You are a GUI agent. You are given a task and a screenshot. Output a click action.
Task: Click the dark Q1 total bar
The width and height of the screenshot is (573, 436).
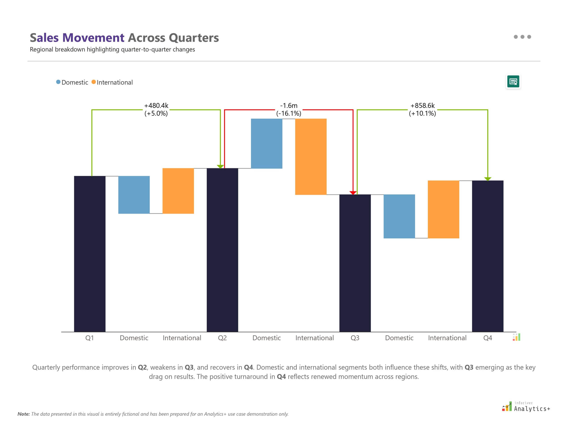(x=90, y=254)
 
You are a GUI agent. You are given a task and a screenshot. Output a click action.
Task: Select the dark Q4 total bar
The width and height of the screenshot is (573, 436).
(x=487, y=256)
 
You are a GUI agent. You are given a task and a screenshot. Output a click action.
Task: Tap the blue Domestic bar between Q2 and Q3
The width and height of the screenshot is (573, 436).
(x=266, y=143)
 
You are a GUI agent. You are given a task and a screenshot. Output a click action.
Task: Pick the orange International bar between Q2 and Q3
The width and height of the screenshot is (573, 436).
(x=311, y=156)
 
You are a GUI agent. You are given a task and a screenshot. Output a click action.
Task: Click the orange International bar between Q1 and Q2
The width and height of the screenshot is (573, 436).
(x=178, y=191)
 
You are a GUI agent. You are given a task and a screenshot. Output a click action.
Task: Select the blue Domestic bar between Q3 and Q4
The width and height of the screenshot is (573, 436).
(x=399, y=216)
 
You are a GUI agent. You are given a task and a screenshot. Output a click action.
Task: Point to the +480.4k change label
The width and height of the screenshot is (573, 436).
(x=156, y=106)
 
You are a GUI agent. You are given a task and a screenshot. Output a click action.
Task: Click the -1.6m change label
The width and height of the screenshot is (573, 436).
(x=289, y=106)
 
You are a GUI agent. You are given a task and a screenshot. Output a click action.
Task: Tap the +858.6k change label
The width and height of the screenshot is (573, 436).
(x=422, y=106)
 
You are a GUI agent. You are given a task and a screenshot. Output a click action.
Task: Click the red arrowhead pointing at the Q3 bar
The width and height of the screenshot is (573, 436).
(x=353, y=193)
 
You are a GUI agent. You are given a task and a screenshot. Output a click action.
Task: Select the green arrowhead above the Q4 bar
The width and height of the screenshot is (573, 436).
(x=487, y=179)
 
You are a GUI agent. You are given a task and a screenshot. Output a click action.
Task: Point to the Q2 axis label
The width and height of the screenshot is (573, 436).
(x=222, y=338)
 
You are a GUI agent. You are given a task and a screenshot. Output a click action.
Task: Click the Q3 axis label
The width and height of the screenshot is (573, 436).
(x=355, y=338)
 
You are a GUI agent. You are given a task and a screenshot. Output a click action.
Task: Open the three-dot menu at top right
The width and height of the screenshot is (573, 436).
(x=522, y=37)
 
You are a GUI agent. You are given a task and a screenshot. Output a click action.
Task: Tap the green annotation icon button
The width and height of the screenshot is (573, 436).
(x=513, y=82)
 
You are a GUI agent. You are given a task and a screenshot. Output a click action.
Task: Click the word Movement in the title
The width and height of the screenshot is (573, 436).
(x=93, y=38)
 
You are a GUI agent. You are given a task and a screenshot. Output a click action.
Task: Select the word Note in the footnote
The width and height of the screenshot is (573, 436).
(x=23, y=414)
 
